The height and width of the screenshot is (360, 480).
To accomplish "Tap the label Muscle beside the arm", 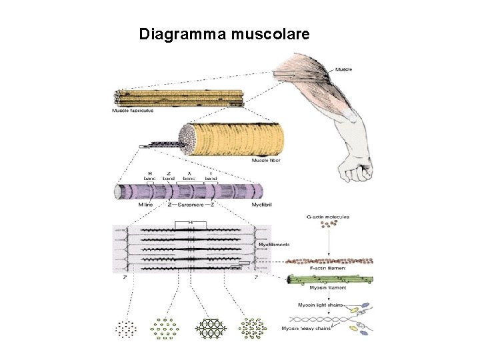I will tap(343, 69).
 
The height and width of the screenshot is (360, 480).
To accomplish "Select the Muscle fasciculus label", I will tap(132, 111).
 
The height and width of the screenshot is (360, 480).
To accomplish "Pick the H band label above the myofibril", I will tap(150, 176).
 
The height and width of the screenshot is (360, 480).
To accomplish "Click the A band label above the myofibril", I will tap(189, 176).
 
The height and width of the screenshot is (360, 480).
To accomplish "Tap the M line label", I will tap(145, 205).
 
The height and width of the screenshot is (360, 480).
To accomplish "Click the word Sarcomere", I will tap(193, 205).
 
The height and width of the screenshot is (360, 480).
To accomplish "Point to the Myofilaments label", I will tap(274, 245).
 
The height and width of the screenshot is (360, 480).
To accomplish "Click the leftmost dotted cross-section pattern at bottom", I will tap(126, 327).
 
